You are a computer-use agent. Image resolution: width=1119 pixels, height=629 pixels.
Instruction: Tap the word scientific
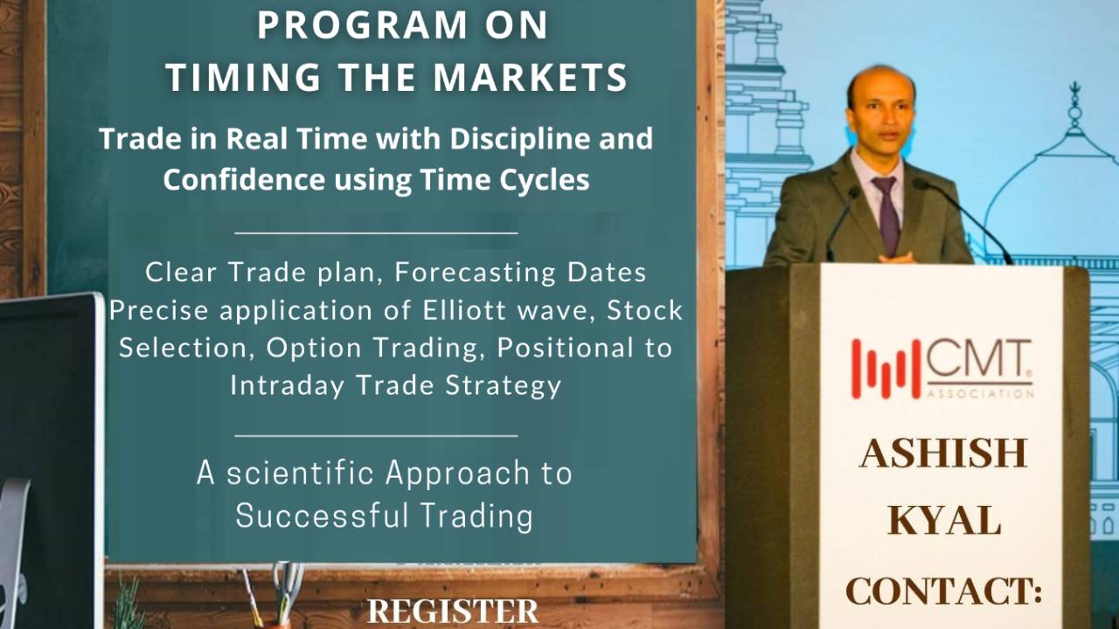click(302, 473)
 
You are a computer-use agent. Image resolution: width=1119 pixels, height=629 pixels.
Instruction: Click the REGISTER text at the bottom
click(453, 612)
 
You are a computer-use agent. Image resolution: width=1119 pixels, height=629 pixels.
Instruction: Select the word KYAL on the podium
click(944, 522)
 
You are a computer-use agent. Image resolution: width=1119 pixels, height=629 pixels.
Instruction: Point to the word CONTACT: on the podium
click(944, 591)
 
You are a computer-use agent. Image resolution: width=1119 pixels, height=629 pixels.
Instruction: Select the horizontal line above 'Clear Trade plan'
click(377, 233)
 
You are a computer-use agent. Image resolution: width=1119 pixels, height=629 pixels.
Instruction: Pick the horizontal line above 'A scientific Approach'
click(377, 434)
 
